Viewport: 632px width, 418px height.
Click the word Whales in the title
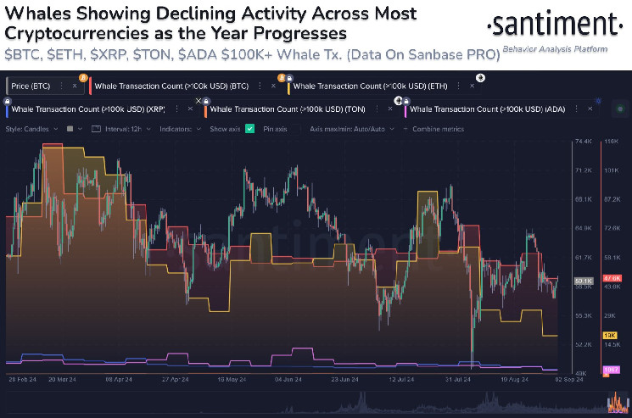(36, 14)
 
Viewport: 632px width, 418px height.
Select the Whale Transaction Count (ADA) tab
(482, 109)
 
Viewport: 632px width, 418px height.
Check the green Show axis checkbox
(249, 129)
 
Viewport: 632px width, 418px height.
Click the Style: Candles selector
(30, 129)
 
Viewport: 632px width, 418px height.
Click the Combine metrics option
(439, 129)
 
